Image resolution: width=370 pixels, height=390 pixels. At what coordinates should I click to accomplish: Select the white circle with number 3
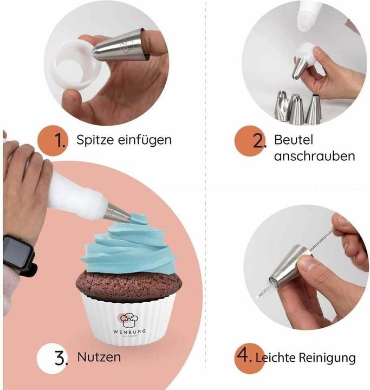pyautogui.click(x=53, y=358)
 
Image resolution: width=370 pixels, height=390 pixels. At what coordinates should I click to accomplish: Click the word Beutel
pyautogui.click(x=294, y=140)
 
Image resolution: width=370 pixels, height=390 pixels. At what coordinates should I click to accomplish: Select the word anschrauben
pyautogui.click(x=314, y=157)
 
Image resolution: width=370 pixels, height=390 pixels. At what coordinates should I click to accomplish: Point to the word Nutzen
pyautogui.click(x=99, y=358)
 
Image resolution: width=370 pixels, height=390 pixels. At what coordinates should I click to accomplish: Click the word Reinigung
pyautogui.click(x=330, y=358)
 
